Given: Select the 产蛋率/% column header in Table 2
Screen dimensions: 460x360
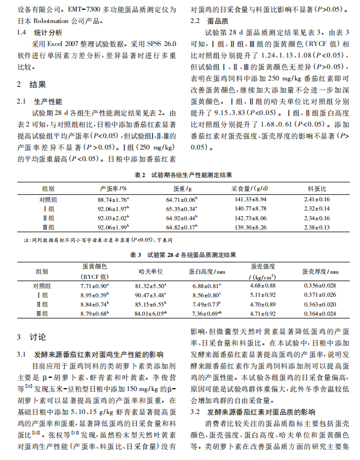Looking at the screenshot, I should (x=113, y=188).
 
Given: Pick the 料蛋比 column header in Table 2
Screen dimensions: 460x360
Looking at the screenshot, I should (x=317, y=188).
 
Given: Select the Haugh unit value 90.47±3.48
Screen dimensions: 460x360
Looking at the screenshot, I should (x=151, y=294).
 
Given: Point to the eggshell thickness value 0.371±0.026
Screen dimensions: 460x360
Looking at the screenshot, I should (x=320, y=294).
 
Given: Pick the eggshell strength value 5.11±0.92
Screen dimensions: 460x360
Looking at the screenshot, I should (x=264, y=294).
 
